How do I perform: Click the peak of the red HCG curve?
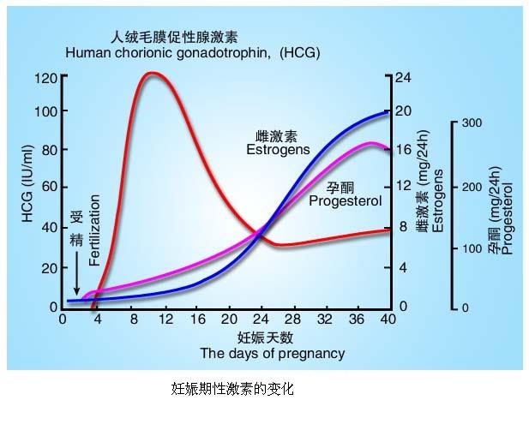[x=152, y=74]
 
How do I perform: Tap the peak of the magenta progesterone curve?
[x=370, y=144]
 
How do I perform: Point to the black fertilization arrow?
[x=76, y=273]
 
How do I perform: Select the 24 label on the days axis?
[x=261, y=320]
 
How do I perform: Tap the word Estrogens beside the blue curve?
[x=278, y=149]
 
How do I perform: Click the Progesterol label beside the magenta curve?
[x=346, y=201]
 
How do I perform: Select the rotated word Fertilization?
[x=95, y=230]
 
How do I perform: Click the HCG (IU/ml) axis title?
[x=28, y=183]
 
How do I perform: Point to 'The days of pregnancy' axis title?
[x=273, y=354]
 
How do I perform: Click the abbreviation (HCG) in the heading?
[x=299, y=53]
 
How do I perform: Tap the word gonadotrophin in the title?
[x=223, y=53]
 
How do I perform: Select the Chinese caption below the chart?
[x=232, y=389]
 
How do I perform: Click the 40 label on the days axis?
[x=388, y=320]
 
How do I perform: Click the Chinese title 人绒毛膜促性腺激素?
[x=174, y=37]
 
